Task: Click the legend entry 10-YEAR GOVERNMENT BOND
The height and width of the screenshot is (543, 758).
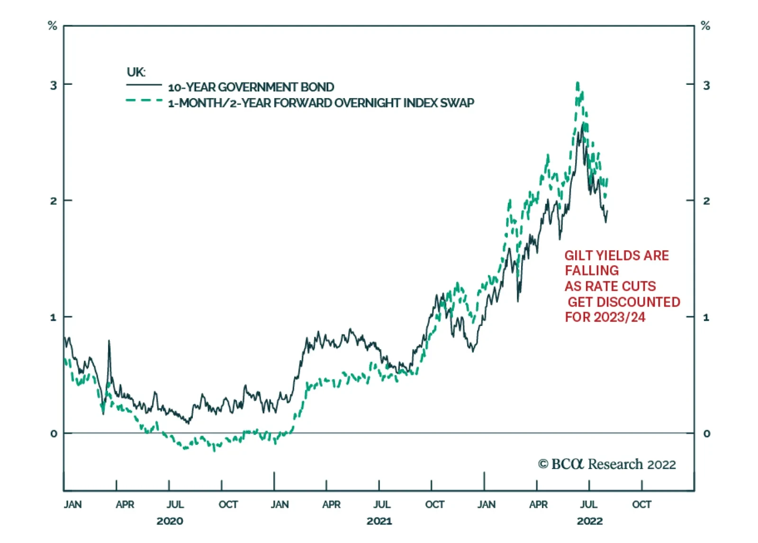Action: click(x=251, y=87)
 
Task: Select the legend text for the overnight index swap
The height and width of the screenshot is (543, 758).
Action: click(x=321, y=103)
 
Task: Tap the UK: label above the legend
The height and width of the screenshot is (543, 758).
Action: click(x=136, y=72)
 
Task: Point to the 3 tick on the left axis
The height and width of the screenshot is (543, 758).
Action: click(x=54, y=85)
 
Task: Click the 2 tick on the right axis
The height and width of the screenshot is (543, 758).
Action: click(x=706, y=201)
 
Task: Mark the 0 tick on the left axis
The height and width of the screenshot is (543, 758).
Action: click(x=54, y=434)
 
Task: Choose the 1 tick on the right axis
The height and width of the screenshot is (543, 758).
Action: click(x=706, y=317)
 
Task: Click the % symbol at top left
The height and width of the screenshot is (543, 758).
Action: click(x=53, y=26)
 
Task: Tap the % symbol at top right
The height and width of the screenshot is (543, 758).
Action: click(x=705, y=26)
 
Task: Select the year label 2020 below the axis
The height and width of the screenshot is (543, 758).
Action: click(x=170, y=521)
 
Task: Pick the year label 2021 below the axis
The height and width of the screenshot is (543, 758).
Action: click(x=379, y=521)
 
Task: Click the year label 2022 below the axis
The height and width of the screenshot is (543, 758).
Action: click(x=589, y=521)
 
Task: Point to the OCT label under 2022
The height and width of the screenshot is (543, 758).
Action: click(x=641, y=505)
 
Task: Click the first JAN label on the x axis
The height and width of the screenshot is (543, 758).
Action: click(x=72, y=505)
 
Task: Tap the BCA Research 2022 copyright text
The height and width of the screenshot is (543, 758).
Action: click(x=607, y=464)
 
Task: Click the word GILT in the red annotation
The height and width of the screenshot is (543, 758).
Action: click(x=578, y=255)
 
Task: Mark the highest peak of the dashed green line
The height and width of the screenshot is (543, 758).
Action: click(x=578, y=84)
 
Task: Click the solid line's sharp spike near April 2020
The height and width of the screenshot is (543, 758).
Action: click(x=109, y=341)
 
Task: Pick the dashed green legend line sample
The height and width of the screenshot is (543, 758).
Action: click(x=144, y=100)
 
